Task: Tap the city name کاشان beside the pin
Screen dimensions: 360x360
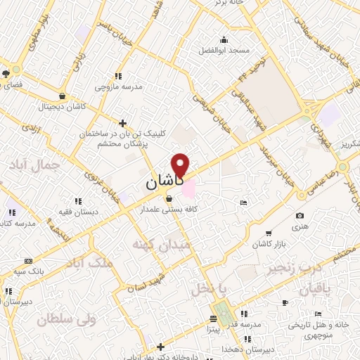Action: tap(165, 181)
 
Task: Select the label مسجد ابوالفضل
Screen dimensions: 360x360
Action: tap(223, 51)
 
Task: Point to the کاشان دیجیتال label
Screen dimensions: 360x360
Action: tap(63, 106)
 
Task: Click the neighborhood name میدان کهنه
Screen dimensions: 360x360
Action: tap(159, 243)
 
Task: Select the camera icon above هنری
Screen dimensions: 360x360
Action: tap(300, 215)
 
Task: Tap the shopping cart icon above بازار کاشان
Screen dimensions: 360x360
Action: tap(268, 233)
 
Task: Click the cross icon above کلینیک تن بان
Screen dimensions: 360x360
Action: tap(123, 122)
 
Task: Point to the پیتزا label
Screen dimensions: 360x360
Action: tap(214, 328)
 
